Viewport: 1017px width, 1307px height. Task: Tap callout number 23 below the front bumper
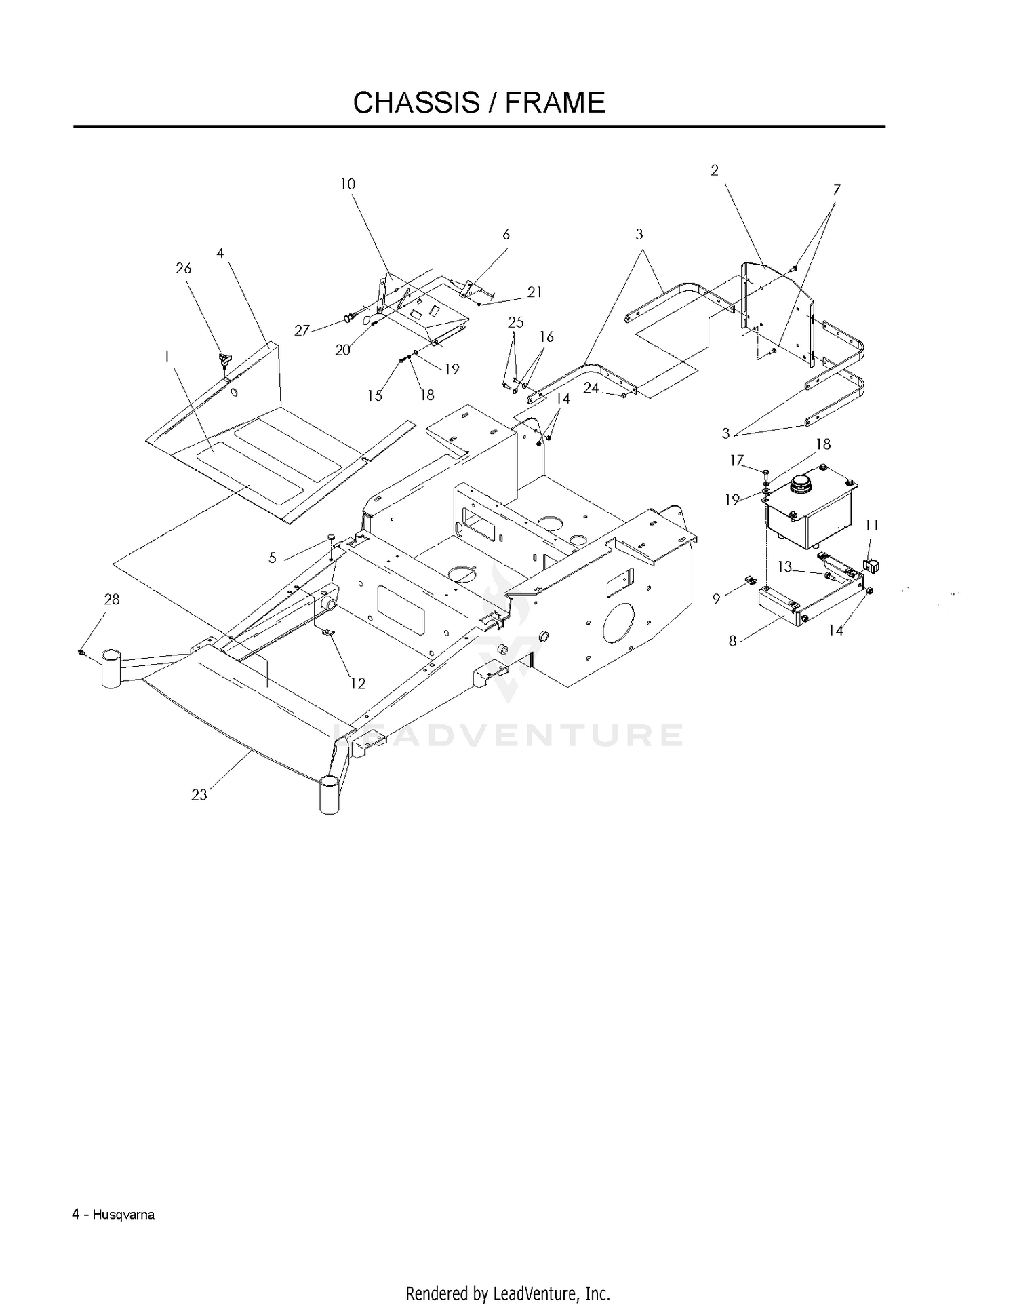point(199,795)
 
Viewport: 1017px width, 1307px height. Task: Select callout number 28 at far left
point(112,599)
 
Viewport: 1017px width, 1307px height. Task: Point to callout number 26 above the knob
point(183,269)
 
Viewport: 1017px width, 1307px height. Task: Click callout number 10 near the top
point(348,184)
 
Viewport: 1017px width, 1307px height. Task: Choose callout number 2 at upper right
point(715,170)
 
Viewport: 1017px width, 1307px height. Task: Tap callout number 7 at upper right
point(837,190)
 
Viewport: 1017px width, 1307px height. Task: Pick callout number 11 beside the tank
point(872,525)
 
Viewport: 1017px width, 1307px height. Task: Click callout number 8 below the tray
point(732,641)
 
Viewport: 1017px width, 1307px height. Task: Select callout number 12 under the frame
point(357,683)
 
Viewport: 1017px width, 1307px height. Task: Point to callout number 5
point(273,558)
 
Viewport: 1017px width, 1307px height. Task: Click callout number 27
point(302,330)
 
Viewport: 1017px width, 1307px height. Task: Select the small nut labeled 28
point(81,652)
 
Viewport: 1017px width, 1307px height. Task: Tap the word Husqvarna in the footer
point(123,1215)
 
